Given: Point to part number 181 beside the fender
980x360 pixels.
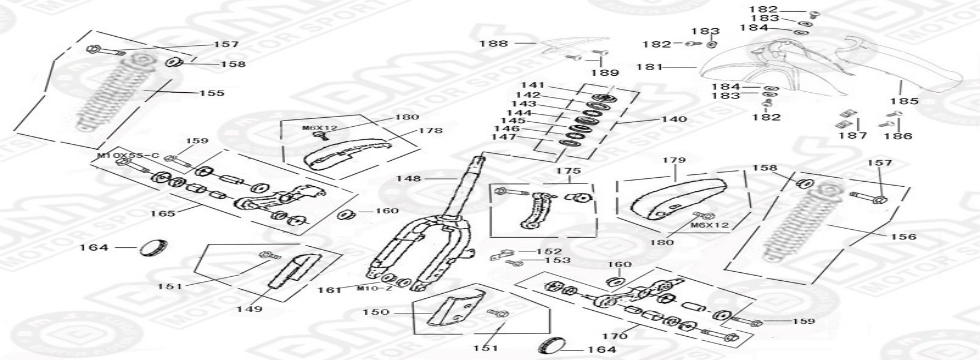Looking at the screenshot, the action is coord(651,68).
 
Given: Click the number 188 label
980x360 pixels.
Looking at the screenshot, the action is coord(493,43).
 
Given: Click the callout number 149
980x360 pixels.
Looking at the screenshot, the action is coord(249,309).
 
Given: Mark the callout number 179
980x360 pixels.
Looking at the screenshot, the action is coord(674,160).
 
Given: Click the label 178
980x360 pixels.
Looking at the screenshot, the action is coord(431,131).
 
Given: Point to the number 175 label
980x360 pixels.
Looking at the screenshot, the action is coord(567,172).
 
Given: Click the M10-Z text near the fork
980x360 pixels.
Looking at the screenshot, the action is coord(374,289).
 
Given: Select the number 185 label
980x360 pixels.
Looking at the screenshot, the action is coord(904,101).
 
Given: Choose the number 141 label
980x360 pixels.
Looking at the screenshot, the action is coord(532,85).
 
